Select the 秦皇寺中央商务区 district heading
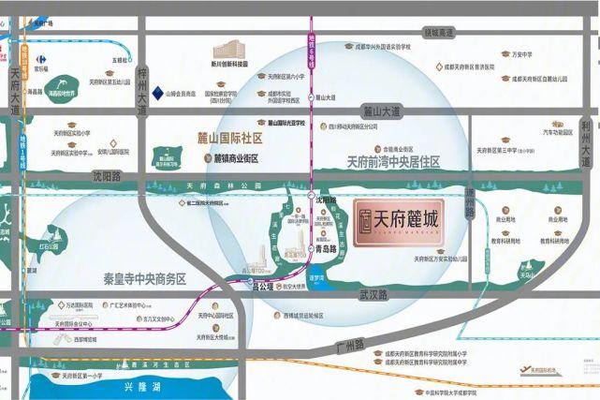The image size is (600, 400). point(145,279)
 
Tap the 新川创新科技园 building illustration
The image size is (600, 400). point(228,51)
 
